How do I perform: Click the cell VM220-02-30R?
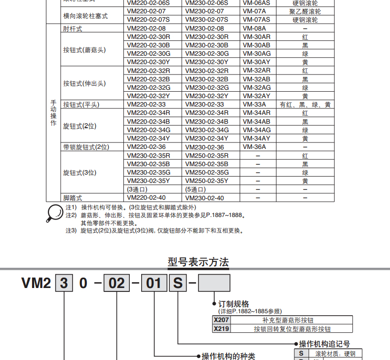(x=149, y=37)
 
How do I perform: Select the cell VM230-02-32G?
(x=207, y=88)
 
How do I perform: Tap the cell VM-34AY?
(x=256, y=139)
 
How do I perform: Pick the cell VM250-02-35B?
(x=207, y=164)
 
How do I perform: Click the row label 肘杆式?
(x=73, y=29)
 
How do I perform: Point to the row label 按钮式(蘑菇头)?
(x=84, y=50)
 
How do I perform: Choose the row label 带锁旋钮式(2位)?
(x=86, y=147)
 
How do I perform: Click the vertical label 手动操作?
(x=53, y=113)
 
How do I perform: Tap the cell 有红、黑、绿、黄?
(x=305, y=105)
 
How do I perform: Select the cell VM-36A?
(x=254, y=147)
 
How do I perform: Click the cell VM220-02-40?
(x=146, y=198)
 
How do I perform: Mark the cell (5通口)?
(x=195, y=189)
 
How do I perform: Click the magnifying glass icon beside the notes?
(x=55, y=214)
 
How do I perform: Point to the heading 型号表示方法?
(x=198, y=262)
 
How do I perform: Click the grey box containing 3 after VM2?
(x=64, y=283)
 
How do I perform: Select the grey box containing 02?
(x=117, y=283)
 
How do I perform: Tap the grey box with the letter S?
(x=178, y=283)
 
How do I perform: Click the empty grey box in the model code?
(x=214, y=283)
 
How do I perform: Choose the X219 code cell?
(x=221, y=329)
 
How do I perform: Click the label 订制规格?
(x=234, y=304)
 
